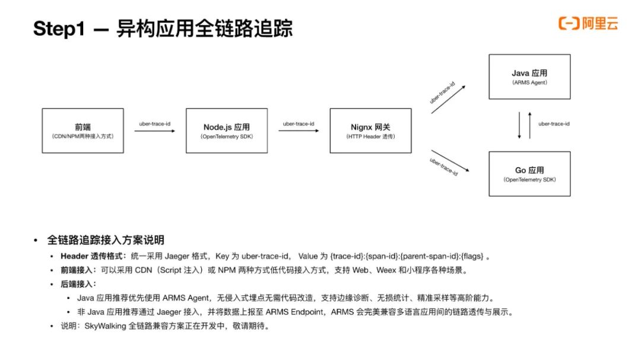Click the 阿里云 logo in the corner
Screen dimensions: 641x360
point(588,23)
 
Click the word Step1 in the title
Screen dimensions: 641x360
point(59,28)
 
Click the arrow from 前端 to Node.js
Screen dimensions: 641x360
point(154,130)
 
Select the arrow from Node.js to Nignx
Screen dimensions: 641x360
point(299,130)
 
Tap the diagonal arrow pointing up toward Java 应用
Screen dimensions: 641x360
point(448,99)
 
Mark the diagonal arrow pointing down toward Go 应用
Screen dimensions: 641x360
point(450,161)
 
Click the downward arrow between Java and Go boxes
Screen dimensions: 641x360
point(519,126)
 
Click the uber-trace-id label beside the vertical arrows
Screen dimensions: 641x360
point(554,124)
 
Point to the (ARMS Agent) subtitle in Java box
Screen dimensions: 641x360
point(529,82)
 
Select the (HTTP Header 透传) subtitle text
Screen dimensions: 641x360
point(370,136)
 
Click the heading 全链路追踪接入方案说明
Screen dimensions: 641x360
point(106,240)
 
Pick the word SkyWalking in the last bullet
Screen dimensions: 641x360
point(105,326)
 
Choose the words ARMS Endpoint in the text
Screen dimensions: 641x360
point(294,312)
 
